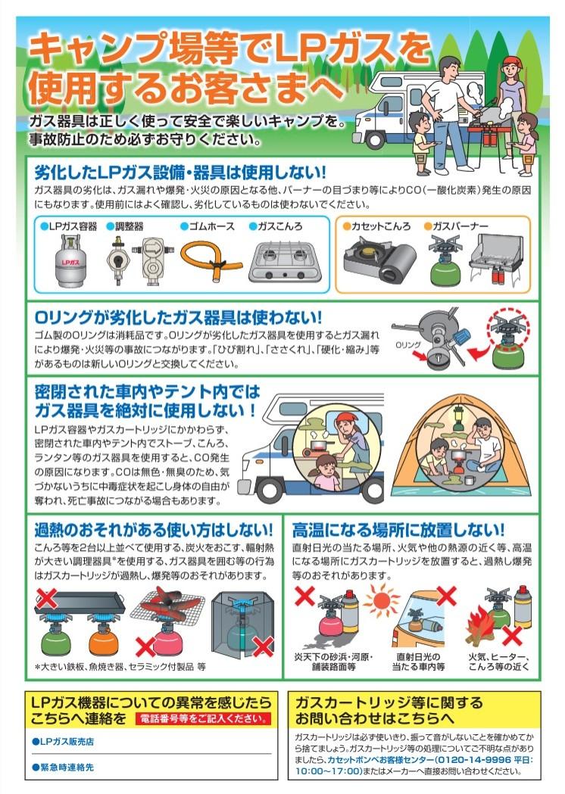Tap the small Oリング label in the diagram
tap(408, 345)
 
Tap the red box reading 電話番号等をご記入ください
tap(203, 718)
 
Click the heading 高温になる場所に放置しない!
tap(398, 530)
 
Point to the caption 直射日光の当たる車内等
tap(419, 662)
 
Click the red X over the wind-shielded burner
tap(264, 646)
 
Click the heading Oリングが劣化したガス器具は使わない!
tap(178, 317)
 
